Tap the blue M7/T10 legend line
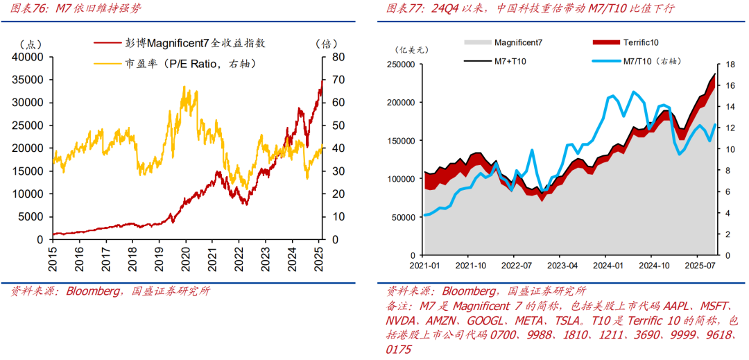point(607,62)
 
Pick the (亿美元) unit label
point(413,49)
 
